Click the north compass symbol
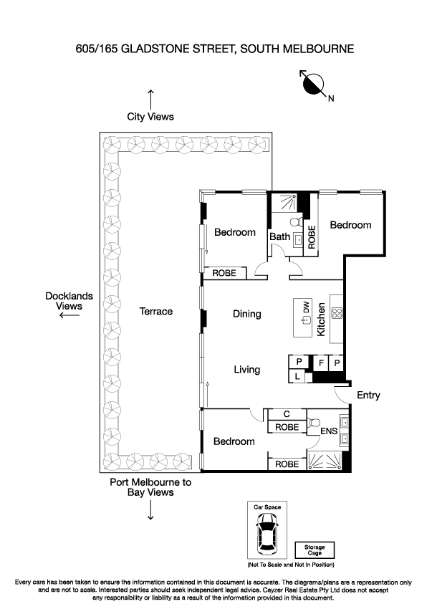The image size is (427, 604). click(x=313, y=84)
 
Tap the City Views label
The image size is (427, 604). click(x=150, y=116)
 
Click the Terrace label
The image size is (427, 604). click(x=156, y=311)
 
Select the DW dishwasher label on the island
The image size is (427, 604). click(x=306, y=307)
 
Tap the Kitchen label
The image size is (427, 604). click(x=322, y=320)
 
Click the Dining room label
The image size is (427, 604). click(x=247, y=314)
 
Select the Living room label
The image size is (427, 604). click(x=247, y=370)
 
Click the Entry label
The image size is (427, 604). click(x=368, y=395)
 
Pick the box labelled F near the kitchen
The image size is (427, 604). click(x=322, y=363)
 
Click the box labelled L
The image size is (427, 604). click(x=297, y=376)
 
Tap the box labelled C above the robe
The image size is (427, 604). click(x=287, y=414)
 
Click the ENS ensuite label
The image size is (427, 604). click(x=328, y=431)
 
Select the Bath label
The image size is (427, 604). click(x=279, y=236)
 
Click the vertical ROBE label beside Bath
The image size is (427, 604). click(x=312, y=237)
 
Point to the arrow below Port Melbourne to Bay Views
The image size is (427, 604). click(x=150, y=510)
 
